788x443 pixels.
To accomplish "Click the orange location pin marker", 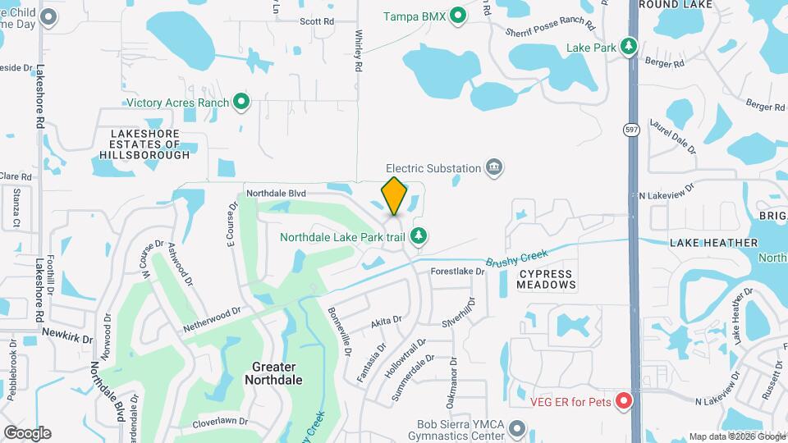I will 394,196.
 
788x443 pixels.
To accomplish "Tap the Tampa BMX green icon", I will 458,16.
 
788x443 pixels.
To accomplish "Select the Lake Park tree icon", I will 629,47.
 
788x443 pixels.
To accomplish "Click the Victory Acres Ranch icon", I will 241,102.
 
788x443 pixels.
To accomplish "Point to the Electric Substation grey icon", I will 494,168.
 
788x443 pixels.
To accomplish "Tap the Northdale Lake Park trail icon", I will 419,237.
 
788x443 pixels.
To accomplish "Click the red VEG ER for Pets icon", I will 623,401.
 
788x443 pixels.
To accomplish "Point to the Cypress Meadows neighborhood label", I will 547,278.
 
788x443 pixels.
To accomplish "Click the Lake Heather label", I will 713,243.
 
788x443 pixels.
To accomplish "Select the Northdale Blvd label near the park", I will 276,194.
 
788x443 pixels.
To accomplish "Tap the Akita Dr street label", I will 386,321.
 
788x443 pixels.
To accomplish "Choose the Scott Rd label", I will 317,21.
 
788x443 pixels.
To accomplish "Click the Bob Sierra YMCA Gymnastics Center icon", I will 516,427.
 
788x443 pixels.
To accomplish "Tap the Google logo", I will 27,432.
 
